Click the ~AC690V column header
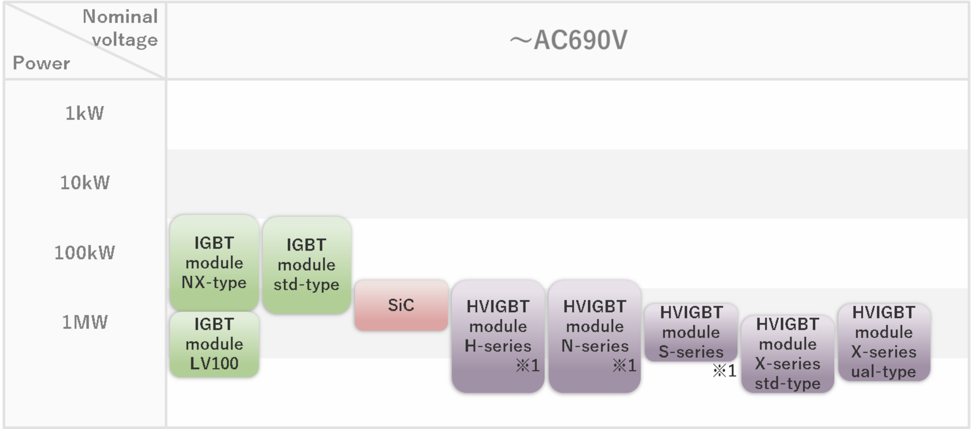(568, 40)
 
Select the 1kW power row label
(84, 113)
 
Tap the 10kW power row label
(85, 183)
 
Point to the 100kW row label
(84, 252)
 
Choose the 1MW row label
(85, 322)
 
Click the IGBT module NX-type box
(214, 263)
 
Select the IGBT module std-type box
(307, 264)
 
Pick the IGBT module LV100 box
(214, 344)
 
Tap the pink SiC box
(401, 305)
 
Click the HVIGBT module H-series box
(498, 336)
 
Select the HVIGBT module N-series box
(594, 336)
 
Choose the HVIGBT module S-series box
(691, 332)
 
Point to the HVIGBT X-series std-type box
(787, 354)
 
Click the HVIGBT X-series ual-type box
(884, 342)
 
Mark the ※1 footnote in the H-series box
(528, 365)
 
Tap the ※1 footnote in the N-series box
(625, 365)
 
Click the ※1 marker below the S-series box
(724, 371)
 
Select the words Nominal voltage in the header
(121, 28)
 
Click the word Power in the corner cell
(41, 63)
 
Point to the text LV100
(214, 363)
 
